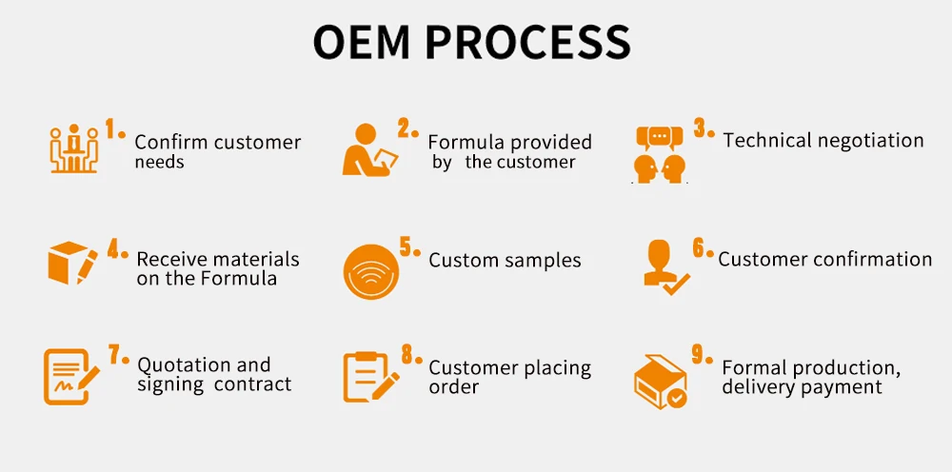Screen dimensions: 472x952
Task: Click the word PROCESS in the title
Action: [526, 42]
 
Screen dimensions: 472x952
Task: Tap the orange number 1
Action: [111, 128]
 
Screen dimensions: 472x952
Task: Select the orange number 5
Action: [407, 247]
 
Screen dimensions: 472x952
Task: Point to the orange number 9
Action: [699, 355]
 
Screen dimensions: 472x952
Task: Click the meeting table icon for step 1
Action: [73, 149]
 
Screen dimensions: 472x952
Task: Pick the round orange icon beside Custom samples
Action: [367, 268]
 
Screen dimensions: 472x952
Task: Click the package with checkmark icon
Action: [661, 382]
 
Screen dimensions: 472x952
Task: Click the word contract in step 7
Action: [252, 384]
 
